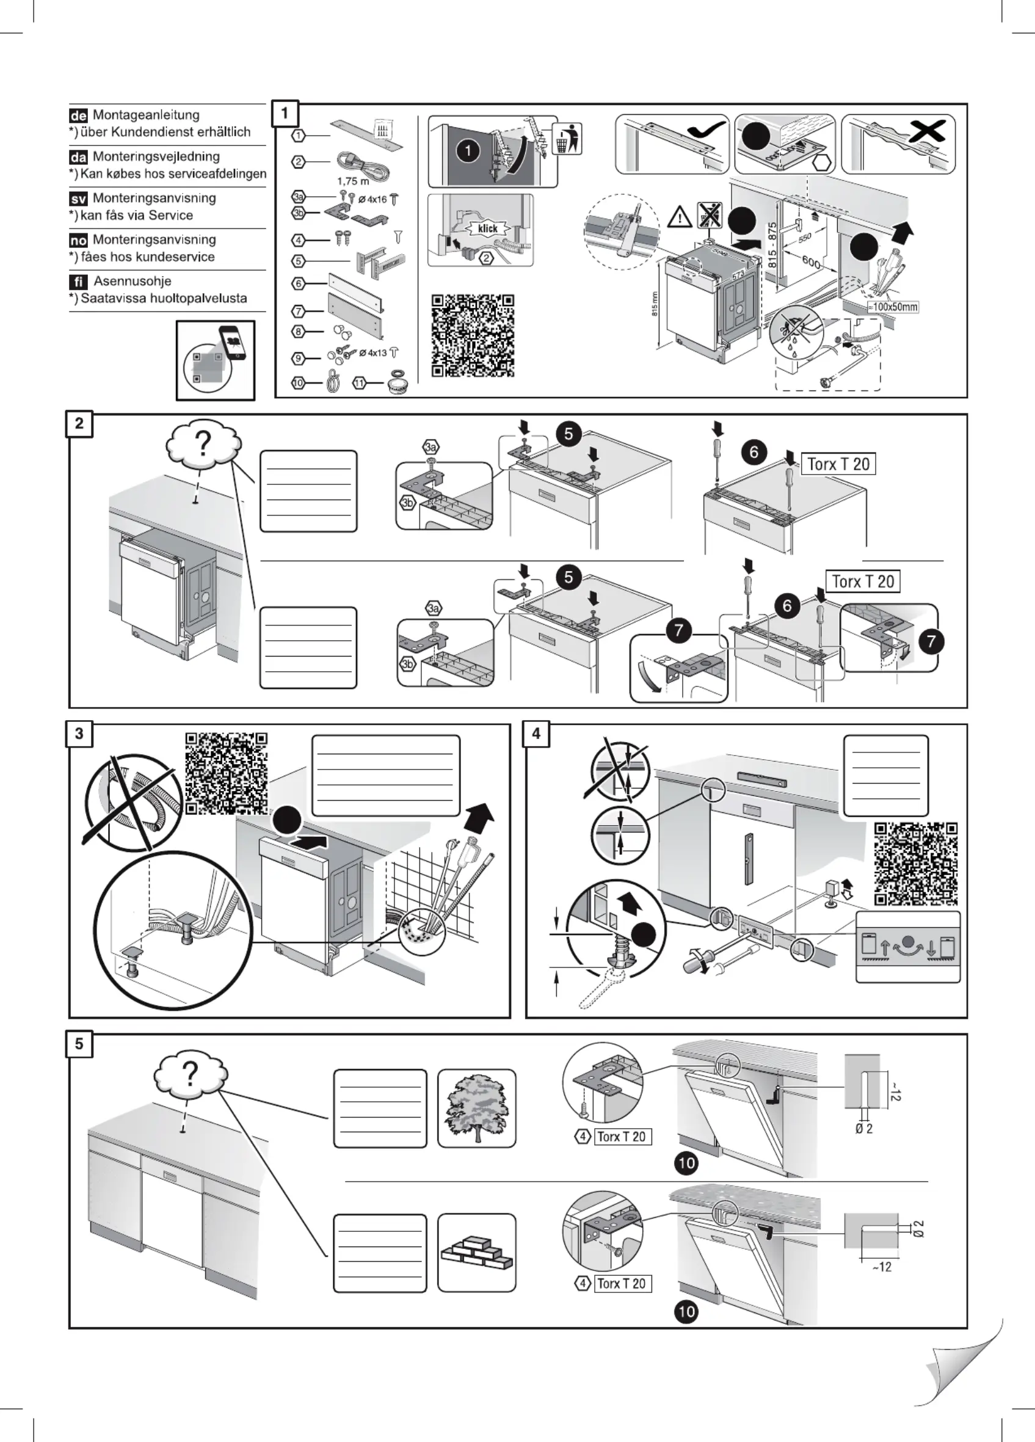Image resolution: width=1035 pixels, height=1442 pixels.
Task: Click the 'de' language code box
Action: pos(78,115)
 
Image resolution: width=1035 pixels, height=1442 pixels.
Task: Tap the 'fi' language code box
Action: pos(78,282)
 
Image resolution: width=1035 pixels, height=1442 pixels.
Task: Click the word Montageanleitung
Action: pos(146,115)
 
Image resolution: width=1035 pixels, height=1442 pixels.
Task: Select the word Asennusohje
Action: pos(133,281)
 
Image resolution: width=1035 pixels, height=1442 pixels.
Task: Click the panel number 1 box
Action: pos(284,114)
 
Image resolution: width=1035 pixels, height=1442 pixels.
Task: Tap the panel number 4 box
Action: pos(536,734)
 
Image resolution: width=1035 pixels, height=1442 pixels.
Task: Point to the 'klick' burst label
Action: pos(488,229)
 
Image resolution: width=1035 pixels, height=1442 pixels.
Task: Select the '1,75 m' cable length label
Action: pos(353,181)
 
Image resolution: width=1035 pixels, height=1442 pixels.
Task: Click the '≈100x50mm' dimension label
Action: pos(893,307)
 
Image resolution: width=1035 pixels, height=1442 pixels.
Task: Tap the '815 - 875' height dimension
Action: pos(772,245)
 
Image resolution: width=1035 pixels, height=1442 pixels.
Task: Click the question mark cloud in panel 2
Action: pos(203,445)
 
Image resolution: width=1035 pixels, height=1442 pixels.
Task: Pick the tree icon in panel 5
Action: pos(476,1108)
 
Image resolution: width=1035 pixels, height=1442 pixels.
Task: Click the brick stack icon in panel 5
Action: pos(476,1253)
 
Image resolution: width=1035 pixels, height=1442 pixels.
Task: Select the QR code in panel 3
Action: pos(227,773)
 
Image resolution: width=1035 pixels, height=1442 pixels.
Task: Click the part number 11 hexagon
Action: pos(359,384)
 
